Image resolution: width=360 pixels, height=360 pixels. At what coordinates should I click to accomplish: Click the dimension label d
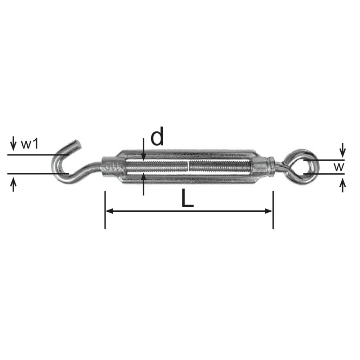click(157, 136)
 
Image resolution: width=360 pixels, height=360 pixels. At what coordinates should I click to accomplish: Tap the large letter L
click(187, 198)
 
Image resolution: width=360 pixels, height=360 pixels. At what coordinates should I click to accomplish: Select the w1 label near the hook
click(30, 144)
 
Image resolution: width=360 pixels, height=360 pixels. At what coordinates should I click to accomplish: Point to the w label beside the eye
click(339, 167)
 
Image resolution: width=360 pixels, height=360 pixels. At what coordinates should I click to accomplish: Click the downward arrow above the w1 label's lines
click(13, 144)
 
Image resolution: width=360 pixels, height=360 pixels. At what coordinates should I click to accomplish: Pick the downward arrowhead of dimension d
click(143, 157)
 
